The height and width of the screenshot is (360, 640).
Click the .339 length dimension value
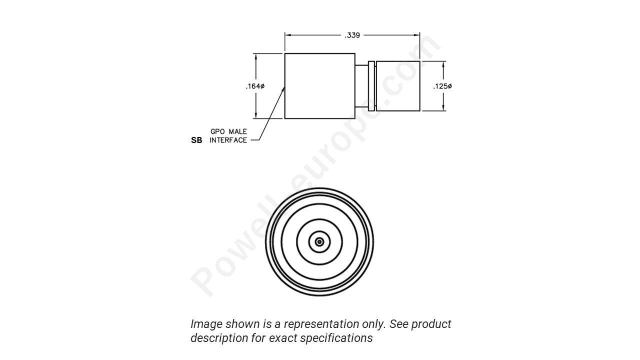click(352, 35)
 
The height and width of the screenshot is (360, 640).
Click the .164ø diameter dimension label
click(255, 86)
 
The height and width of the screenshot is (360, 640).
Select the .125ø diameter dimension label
click(442, 86)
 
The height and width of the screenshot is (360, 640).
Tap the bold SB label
click(196, 140)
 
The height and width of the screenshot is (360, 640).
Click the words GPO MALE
click(228, 131)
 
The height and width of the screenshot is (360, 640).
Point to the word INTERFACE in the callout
click(228, 140)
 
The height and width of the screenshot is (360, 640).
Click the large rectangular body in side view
click(319, 86)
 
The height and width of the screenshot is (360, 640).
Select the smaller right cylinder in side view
click(398, 86)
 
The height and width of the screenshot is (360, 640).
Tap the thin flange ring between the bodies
click(371, 86)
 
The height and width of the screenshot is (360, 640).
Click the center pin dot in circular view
click(319, 242)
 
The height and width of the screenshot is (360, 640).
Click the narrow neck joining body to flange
click(361, 86)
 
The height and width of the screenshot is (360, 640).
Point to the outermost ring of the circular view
click(319, 189)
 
